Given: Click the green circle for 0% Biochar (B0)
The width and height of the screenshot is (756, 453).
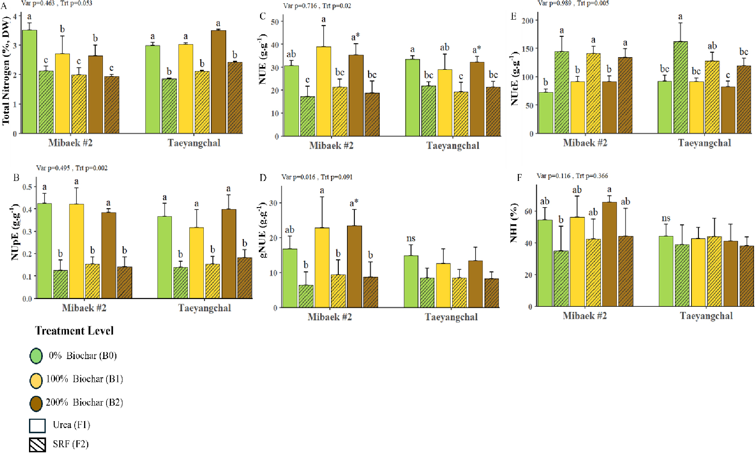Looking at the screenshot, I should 36,356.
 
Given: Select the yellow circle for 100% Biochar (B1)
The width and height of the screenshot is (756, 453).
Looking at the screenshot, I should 36,380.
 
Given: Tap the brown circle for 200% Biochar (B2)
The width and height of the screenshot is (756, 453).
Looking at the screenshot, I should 36,403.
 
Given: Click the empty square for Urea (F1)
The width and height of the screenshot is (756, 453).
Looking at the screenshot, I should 37,426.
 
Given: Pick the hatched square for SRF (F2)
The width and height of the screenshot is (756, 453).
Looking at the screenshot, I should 37,445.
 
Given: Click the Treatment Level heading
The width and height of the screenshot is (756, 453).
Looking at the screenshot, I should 74,331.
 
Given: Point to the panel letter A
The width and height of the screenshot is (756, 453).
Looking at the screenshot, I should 4,6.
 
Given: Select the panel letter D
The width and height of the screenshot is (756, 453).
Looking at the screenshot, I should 263,177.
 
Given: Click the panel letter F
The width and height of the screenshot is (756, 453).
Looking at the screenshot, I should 519,177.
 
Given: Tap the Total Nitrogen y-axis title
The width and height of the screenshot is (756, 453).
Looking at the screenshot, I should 6,70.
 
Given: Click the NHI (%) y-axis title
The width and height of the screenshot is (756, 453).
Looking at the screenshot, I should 514,223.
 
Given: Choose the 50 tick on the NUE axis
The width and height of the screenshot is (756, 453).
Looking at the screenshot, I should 275,22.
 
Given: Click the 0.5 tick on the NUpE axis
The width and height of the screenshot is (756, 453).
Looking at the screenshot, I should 27,187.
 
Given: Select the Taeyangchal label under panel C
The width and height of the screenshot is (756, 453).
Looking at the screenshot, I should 453,146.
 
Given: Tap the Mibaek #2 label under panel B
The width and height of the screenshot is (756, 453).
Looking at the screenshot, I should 84,308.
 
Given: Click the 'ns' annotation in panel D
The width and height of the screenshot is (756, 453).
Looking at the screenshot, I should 411,239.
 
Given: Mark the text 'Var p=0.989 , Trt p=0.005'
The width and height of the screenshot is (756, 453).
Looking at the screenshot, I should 573,3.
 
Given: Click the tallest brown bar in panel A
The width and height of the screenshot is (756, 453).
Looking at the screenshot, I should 218,82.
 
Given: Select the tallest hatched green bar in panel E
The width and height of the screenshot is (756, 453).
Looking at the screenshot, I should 680,87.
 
